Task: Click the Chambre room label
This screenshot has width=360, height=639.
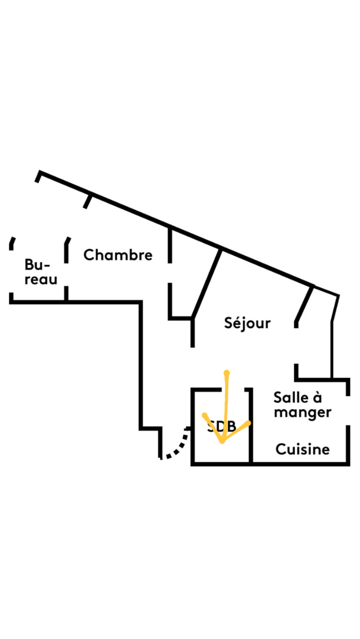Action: [118, 255]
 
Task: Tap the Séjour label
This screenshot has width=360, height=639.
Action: [247, 323]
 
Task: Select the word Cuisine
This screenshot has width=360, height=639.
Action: [302, 449]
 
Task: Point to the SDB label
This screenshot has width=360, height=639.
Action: [221, 426]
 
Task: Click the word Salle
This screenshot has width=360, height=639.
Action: [292, 398]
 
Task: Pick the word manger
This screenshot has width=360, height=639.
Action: [303, 413]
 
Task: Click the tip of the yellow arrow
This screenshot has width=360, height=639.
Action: [223, 442]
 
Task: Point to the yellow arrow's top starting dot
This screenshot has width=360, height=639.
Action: [226, 372]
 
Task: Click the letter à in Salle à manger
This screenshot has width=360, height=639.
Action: [317, 398]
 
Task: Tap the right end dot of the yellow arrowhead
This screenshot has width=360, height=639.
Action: [249, 422]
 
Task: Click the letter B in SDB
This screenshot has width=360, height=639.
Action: [230, 426]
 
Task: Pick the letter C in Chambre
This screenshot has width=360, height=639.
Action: [89, 255]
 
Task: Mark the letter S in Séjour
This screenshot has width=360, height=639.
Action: [229, 323]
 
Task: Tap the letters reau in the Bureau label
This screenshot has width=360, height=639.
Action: [40, 279]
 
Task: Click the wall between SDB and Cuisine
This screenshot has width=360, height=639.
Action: [250, 427]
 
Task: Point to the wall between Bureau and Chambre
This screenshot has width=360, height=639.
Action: [66, 270]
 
